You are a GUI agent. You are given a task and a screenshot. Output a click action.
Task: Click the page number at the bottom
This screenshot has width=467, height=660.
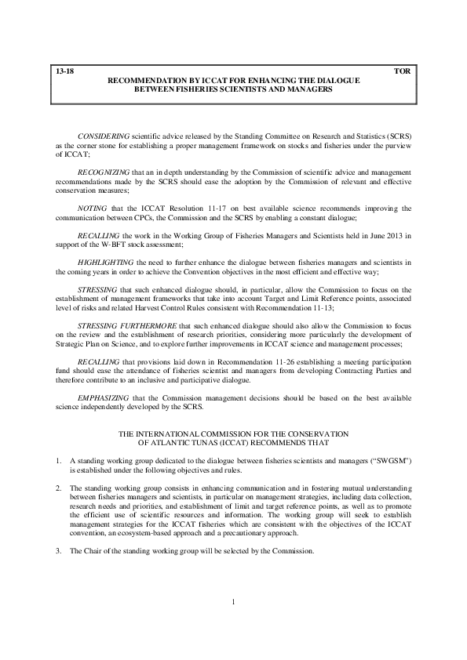point(234,624)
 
